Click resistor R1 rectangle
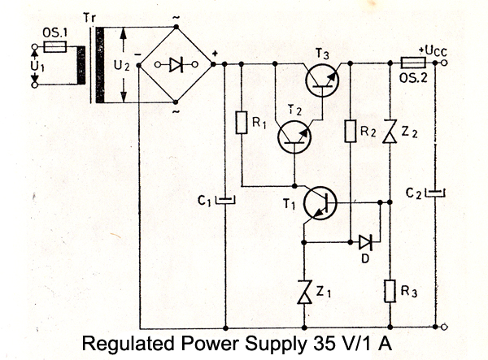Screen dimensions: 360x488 click(241, 124)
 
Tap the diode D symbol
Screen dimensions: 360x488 click(364, 241)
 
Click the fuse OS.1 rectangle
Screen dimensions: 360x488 click(53, 48)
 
